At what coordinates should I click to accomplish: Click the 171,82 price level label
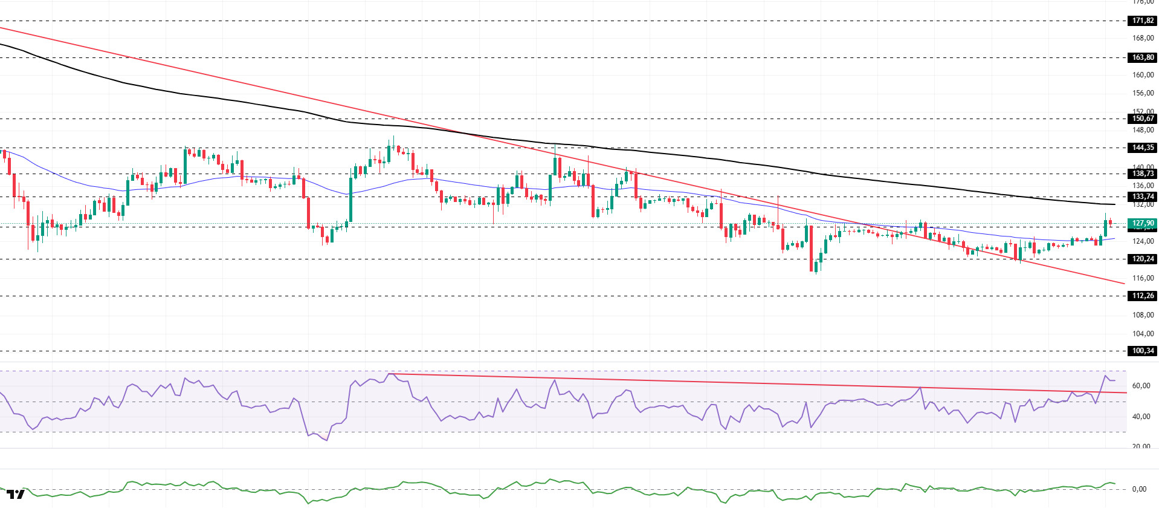pos(1142,21)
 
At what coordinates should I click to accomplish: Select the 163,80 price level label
pos(1142,57)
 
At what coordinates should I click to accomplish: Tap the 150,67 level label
pos(1142,119)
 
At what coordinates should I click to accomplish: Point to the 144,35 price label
pos(1142,148)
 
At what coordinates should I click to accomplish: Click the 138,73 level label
pos(1142,174)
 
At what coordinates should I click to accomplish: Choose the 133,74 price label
pos(1142,197)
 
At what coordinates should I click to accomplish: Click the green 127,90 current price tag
pos(1142,223)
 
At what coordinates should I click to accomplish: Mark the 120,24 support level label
pos(1142,259)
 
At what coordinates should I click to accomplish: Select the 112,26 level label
pos(1142,296)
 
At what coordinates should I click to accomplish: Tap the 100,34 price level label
pos(1142,351)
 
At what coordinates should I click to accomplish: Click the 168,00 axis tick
pos(1142,38)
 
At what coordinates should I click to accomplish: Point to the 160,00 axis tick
pos(1142,75)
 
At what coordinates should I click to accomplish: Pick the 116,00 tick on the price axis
pos(1142,278)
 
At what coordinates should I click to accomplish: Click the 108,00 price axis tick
pos(1142,315)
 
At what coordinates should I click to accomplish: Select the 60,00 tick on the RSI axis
pos(1140,386)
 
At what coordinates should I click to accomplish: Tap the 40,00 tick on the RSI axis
pos(1140,417)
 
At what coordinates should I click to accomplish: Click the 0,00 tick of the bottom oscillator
pos(1138,489)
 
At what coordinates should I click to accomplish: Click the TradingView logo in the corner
pos(16,494)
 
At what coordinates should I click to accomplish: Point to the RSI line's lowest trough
pos(327,440)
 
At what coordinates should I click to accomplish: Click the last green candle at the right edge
pos(1105,228)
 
